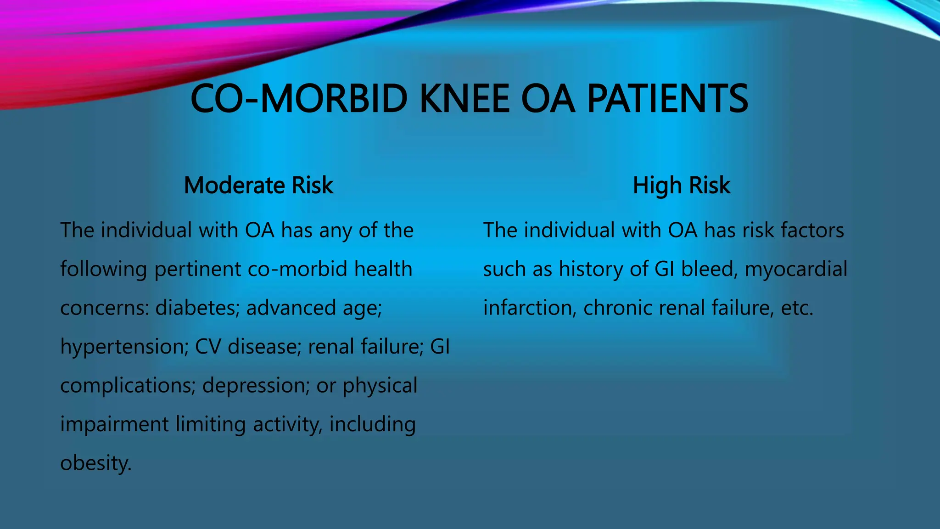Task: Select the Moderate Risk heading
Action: coord(258,185)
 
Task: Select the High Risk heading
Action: coord(681,185)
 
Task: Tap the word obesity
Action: coord(95,463)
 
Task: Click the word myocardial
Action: coord(796,269)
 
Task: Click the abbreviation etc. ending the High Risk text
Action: coord(797,308)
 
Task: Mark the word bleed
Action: coord(709,269)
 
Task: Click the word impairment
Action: coord(114,424)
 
